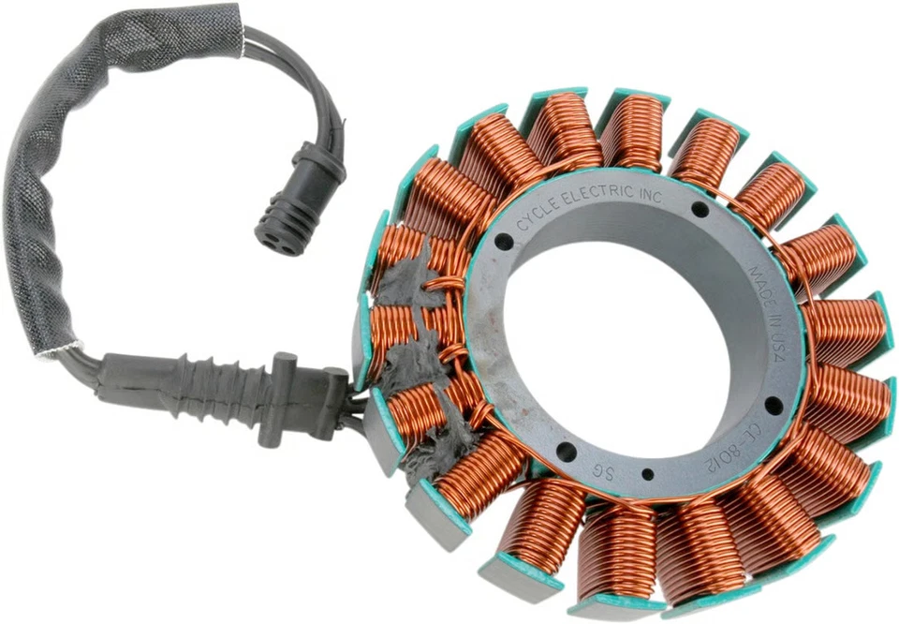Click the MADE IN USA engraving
click(x=771, y=302)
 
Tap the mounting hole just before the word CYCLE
click(x=504, y=242)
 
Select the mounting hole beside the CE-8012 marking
click(x=774, y=404)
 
